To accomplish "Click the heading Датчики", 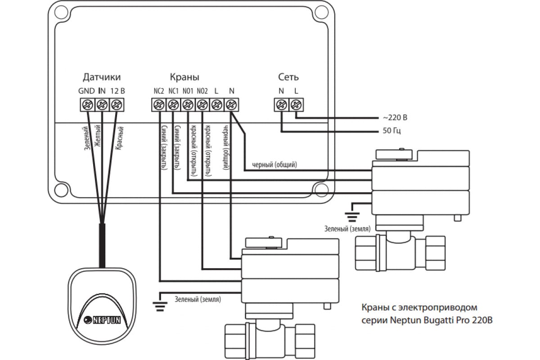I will pyautogui.click(x=102, y=77).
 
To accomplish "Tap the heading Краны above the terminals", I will pyautogui.click(x=184, y=77).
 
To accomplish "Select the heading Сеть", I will pyautogui.click(x=288, y=77).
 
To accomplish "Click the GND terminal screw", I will pyautogui.click(x=86, y=105).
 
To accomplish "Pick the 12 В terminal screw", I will pyautogui.click(x=117, y=105).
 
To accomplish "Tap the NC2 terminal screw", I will pyautogui.click(x=158, y=105).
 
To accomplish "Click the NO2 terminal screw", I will pyautogui.click(x=202, y=105).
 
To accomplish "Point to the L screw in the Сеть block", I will pyautogui.click(x=296, y=105).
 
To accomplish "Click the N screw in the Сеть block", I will pyautogui.click(x=281, y=105).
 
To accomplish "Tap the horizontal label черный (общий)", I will pyautogui.click(x=274, y=165).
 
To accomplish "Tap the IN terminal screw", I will pyautogui.click(x=102, y=105).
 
